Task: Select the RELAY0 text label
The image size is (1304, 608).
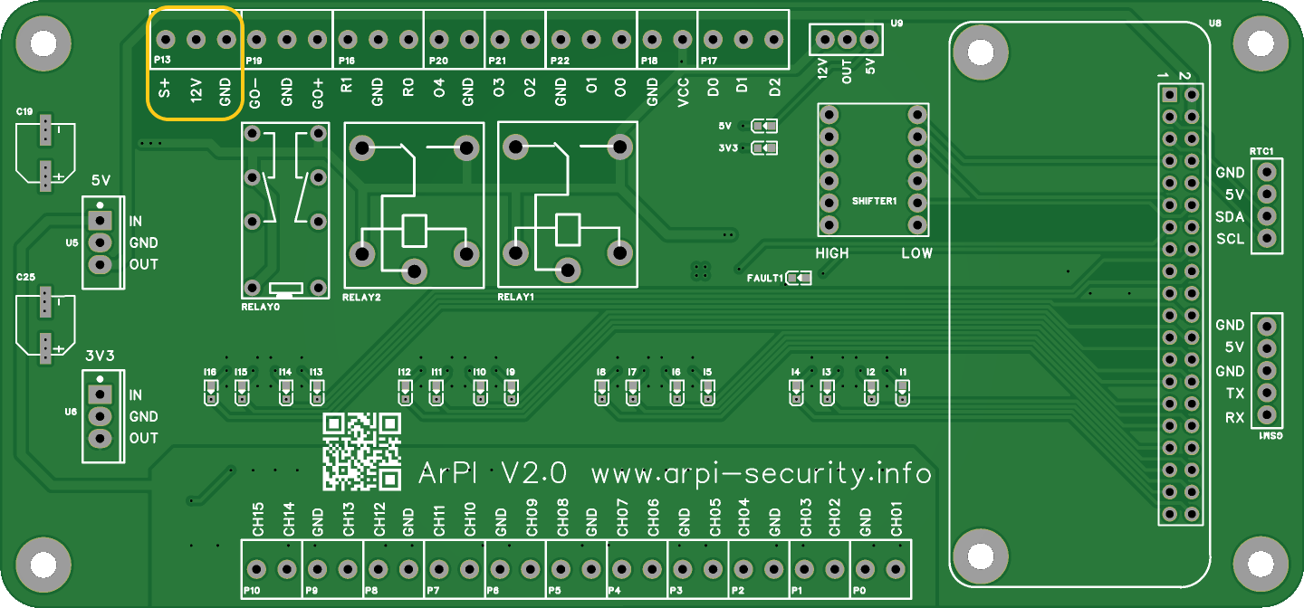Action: (x=261, y=307)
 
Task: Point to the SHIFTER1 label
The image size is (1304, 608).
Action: (x=874, y=200)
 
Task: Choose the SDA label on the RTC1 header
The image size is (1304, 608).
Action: (x=1230, y=217)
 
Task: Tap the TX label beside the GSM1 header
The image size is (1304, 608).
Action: (x=1234, y=394)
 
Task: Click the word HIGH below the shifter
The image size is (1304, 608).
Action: (x=832, y=253)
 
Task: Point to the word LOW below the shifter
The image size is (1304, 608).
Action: (x=916, y=253)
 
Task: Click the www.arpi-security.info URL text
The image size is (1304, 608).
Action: (x=761, y=473)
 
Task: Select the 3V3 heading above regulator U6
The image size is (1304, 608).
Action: (x=101, y=356)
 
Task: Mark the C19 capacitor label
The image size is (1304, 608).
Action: (x=24, y=111)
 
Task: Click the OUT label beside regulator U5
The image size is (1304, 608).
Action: (x=143, y=264)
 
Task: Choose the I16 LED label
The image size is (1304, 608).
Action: (x=210, y=372)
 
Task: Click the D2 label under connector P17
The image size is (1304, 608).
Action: (x=774, y=89)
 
